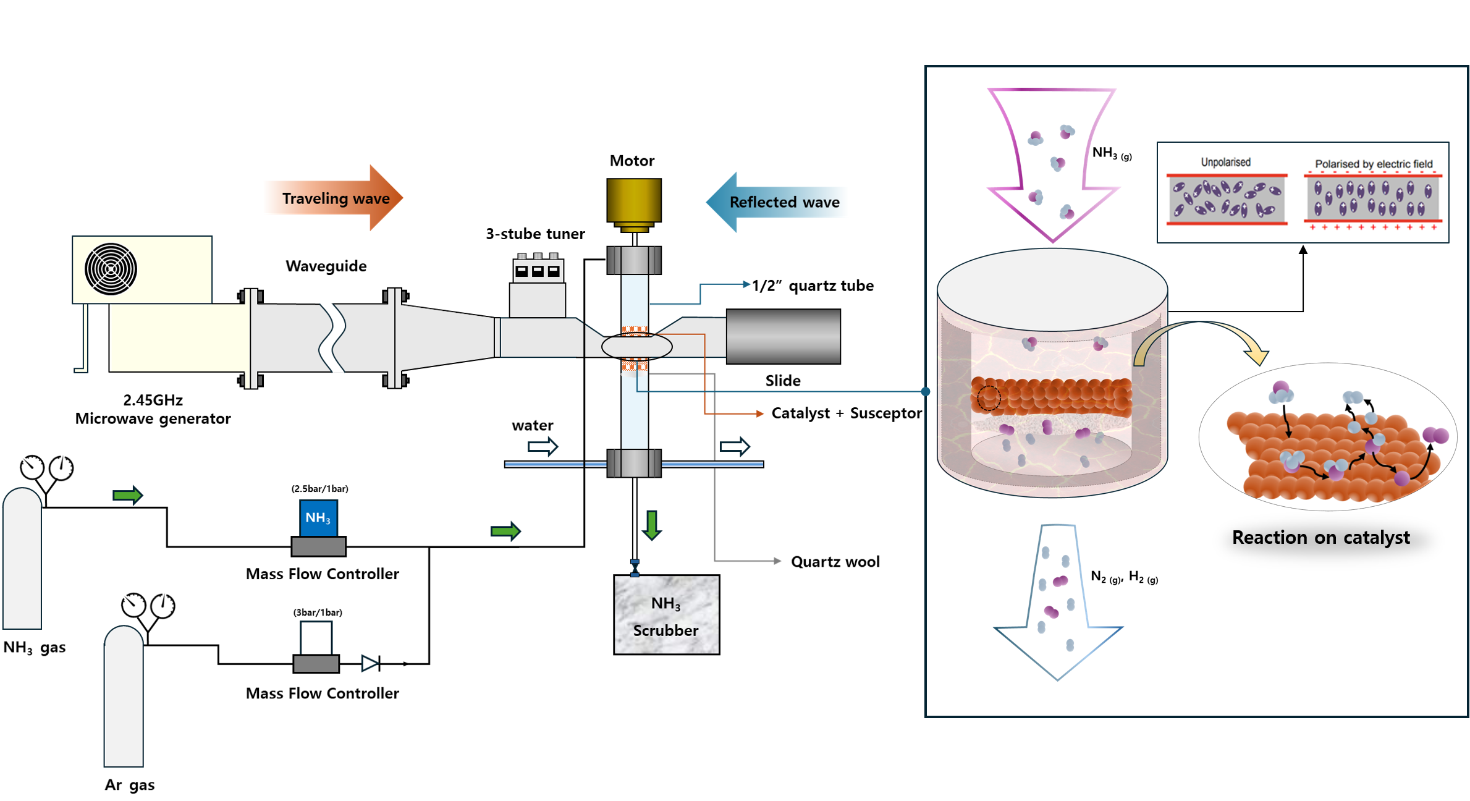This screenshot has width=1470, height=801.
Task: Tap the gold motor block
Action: [x=634, y=200]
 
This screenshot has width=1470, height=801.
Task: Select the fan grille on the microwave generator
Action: [x=111, y=269]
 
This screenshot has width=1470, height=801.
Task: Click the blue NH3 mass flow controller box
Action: [x=318, y=518]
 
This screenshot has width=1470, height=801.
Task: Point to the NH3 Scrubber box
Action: [x=666, y=615]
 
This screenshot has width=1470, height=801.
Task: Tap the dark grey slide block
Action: [x=783, y=336]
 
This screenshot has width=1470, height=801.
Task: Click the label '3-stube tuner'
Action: [x=535, y=234]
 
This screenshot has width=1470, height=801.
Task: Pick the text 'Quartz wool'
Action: [x=835, y=562]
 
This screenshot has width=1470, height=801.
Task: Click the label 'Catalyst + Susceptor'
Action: [x=846, y=413]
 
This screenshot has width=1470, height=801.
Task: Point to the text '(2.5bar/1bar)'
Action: [x=319, y=489]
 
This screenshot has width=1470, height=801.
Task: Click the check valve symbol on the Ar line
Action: [x=371, y=663]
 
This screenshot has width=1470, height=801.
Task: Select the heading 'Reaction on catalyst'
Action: [x=1320, y=538]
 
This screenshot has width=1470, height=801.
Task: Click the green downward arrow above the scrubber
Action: [x=652, y=525]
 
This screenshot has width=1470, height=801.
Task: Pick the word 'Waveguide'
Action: [x=326, y=266]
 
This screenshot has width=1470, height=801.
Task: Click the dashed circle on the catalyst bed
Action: [x=989, y=398]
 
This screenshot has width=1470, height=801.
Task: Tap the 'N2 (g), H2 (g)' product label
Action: [x=1124, y=577]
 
